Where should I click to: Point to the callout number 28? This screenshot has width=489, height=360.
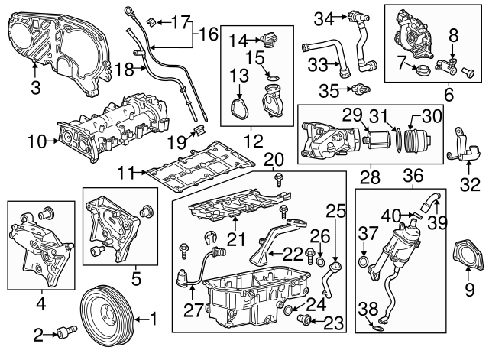coord(369,177)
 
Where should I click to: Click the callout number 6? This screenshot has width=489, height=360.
coord(449,96)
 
